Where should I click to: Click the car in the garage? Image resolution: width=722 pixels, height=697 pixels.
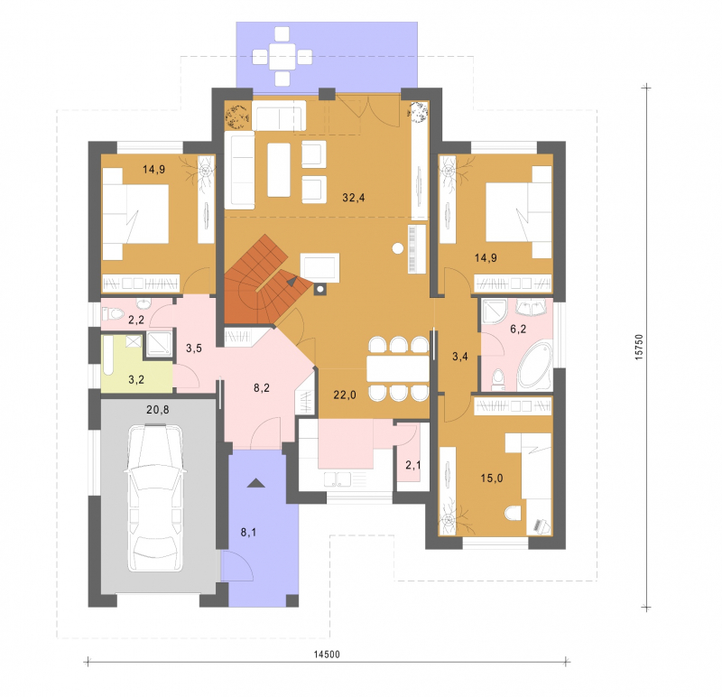point(155,498)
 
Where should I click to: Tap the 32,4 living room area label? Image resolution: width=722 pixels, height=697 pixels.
point(354,198)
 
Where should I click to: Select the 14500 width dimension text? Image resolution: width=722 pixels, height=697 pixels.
point(327,655)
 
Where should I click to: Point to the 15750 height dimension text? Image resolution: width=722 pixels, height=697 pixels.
point(639,347)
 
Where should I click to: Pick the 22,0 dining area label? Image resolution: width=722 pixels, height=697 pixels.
point(345,395)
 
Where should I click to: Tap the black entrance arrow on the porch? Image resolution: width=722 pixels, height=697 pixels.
point(256,483)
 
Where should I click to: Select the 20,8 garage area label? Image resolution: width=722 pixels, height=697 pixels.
point(157,409)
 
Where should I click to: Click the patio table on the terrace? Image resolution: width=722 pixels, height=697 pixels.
point(282,57)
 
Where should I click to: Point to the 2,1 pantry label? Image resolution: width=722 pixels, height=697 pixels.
point(413,465)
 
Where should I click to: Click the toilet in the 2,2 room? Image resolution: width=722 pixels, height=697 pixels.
point(113,314)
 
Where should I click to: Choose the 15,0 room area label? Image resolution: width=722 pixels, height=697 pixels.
point(492,479)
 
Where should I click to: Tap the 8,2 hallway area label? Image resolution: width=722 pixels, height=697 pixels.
point(262,388)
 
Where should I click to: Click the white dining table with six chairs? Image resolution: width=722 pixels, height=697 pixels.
point(398,368)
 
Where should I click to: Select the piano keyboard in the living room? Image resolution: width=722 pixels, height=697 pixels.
point(417,250)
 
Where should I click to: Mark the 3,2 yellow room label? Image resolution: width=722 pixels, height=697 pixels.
point(136,379)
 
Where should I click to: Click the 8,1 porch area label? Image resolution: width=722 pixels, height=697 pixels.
point(249,533)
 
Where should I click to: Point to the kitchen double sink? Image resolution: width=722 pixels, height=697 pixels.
point(337,479)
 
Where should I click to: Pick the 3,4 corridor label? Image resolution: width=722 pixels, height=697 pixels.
point(460,356)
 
